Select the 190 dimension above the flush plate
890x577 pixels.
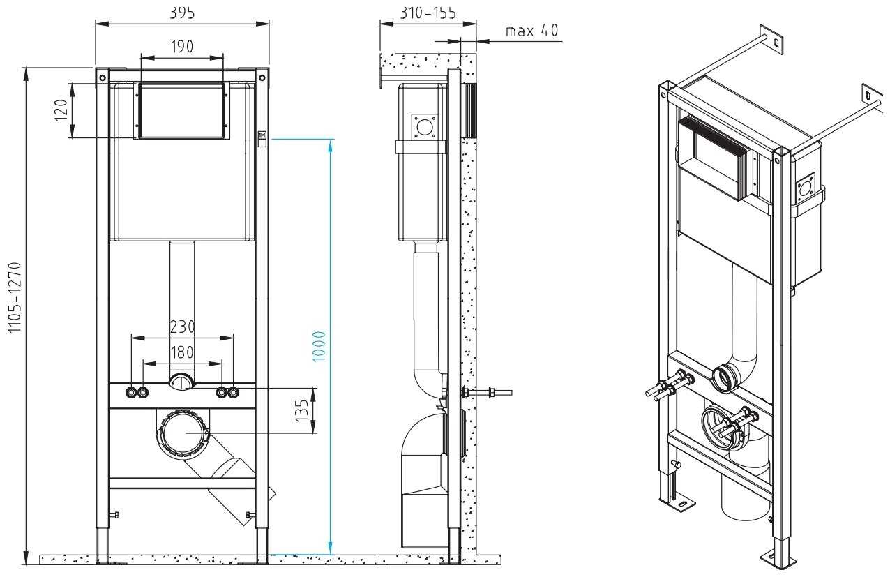coord(182,47)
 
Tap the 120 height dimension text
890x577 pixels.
coord(61,110)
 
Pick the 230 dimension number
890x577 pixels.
coord(182,327)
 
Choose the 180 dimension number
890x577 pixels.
coord(182,352)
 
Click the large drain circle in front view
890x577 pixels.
coord(182,433)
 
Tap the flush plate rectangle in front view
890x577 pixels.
coord(182,110)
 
